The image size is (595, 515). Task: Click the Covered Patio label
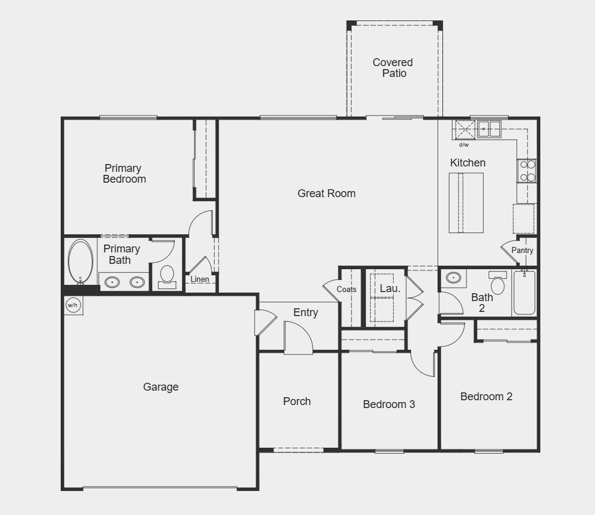392,68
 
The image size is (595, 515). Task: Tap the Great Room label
326,194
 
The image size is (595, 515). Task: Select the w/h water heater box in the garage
73,305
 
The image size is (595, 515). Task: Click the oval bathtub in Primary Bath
81,262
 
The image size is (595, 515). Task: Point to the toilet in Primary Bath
167,276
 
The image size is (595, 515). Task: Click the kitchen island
466,203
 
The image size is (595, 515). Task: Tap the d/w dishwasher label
464,145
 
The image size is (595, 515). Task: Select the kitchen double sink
489,128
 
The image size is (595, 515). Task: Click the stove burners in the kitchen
527,171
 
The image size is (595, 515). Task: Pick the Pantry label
522,251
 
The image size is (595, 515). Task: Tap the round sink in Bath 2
453,278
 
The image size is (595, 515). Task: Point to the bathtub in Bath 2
524,293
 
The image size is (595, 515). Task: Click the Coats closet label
347,290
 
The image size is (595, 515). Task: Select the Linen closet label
200,279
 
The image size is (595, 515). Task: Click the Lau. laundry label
389,288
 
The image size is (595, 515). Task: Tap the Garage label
160,387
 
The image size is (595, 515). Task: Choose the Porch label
297,401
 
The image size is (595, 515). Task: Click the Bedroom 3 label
389,404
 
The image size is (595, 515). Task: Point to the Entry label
305,312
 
